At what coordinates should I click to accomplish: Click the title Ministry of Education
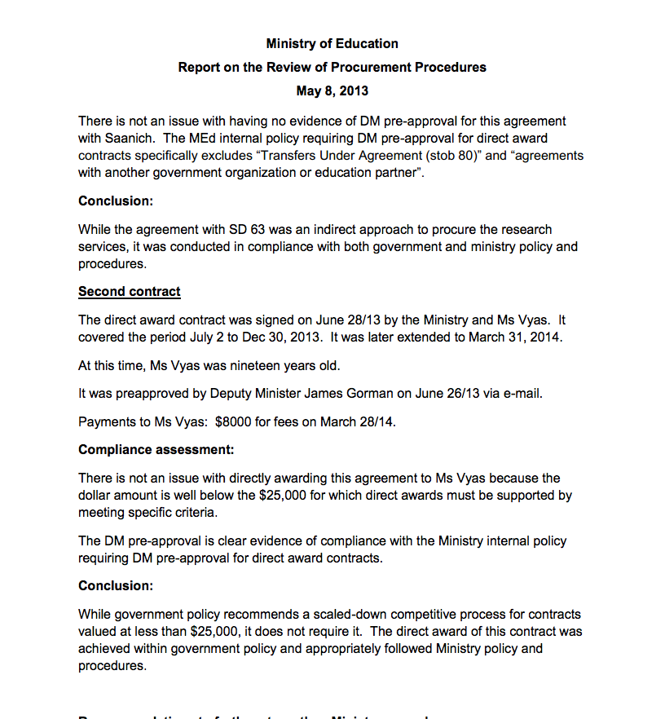click(332, 43)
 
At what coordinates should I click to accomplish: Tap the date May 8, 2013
click(332, 90)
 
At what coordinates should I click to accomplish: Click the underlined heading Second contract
click(130, 291)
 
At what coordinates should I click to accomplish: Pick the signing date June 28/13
click(358, 320)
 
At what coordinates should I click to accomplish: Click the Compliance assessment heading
click(156, 449)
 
